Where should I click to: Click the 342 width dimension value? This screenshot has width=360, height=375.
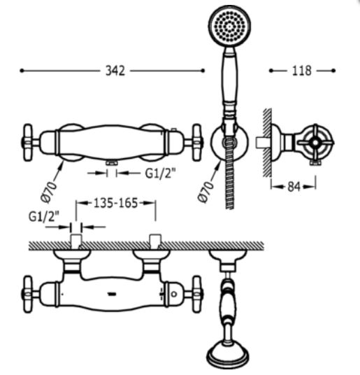(x=115, y=71)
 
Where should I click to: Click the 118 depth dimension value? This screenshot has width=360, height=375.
(x=302, y=71)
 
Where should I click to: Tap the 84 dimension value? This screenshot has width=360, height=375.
(x=294, y=187)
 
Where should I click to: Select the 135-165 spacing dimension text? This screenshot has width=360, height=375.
(x=116, y=203)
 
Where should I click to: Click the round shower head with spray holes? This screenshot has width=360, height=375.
(x=229, y=26)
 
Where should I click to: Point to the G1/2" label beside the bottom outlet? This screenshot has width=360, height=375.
(x=161, y=173)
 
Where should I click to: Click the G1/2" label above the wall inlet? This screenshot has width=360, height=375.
(x=43, y=217)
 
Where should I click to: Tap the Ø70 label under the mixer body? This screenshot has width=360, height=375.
(x=49, y=192)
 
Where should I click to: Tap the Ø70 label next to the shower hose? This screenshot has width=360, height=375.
(x=206, y=192)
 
